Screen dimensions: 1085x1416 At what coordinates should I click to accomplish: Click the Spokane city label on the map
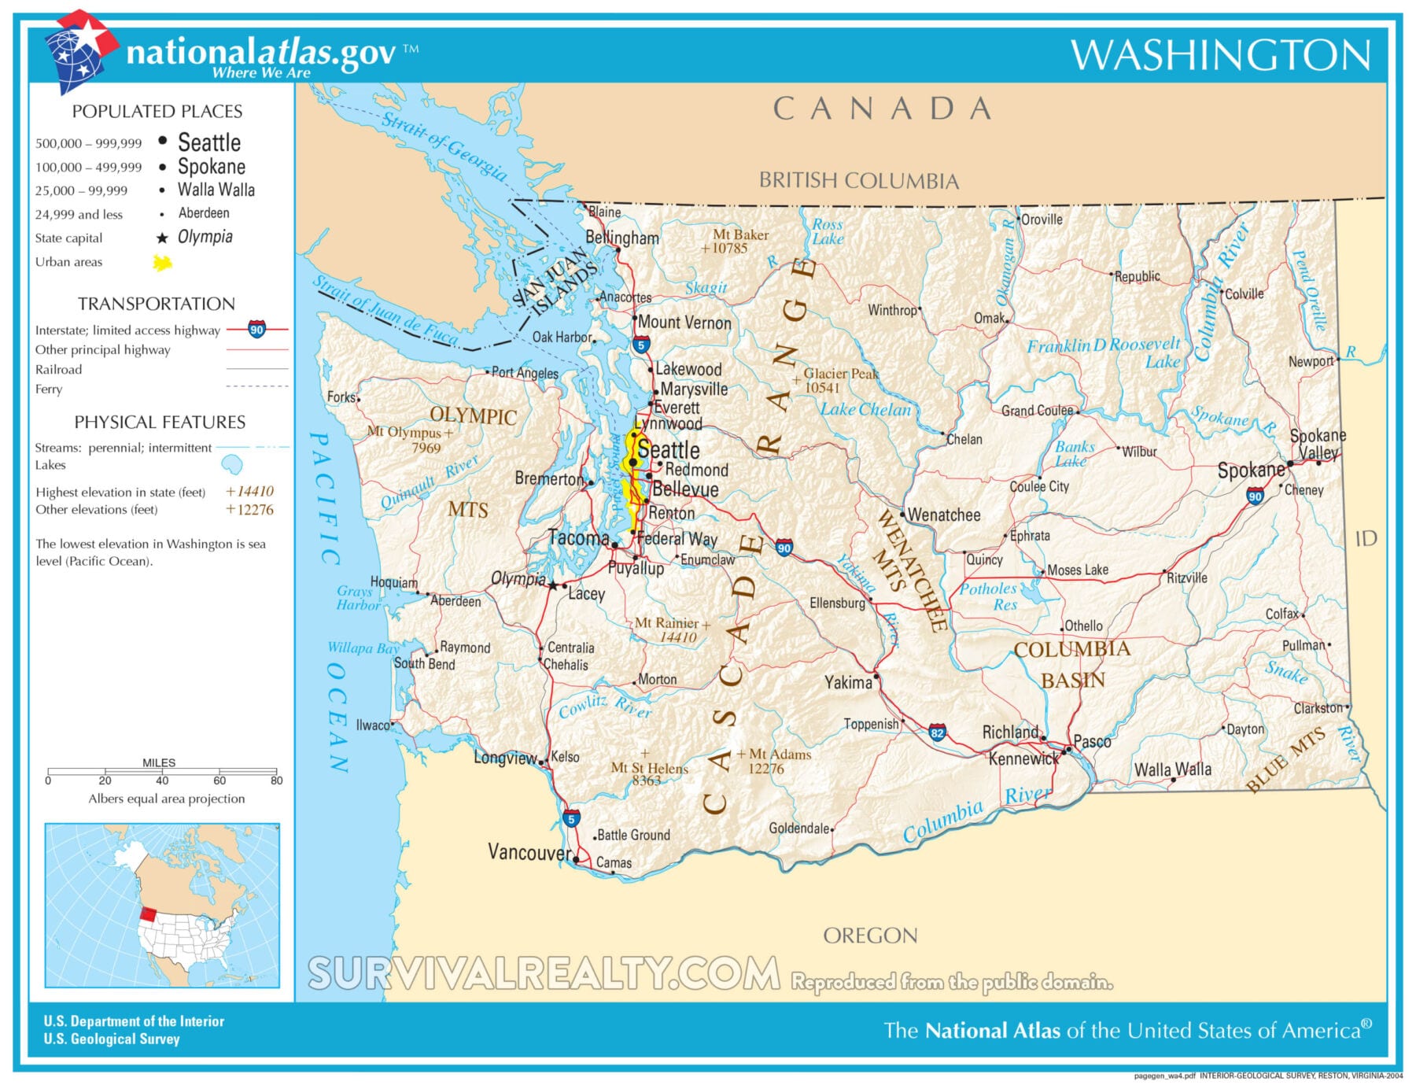click(x=1250, y=471)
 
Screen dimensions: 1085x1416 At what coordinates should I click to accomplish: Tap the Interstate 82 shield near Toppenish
click(x=937, y=733)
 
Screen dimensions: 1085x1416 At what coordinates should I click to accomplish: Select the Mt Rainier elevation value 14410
click(x=677, y=637)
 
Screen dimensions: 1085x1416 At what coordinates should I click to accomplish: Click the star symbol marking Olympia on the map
click(x=553, y=585)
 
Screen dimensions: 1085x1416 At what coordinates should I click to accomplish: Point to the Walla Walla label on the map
click(x=1172, y=769)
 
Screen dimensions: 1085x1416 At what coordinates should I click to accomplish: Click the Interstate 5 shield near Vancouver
click(x=572, y=818)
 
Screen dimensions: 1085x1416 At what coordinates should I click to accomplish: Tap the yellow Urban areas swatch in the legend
click(x=162, y=263)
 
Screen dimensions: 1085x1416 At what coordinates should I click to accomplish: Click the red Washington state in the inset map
click(x=148, y=914)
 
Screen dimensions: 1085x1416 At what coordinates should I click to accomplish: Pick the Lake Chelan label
click(x=865, y=409)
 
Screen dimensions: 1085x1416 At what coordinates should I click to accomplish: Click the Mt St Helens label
click(x=649, y=768)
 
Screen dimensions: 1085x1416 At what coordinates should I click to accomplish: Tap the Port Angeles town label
click(x=525, y=373)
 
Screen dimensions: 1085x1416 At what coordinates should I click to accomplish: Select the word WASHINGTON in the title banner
click(x=1220, y=55)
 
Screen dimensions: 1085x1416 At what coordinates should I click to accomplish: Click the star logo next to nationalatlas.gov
click(x=79, y=50)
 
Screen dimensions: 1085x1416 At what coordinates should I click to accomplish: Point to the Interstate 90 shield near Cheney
click(x=1255, y=496)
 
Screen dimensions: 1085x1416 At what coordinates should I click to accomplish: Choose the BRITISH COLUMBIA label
click(x=858, y=181)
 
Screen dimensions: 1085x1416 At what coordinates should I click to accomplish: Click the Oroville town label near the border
click(x=1042, y=220)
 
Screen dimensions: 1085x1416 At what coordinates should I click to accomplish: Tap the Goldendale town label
click(x=798, y=828)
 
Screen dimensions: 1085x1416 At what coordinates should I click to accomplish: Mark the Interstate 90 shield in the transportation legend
click(x=256, y=330)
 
